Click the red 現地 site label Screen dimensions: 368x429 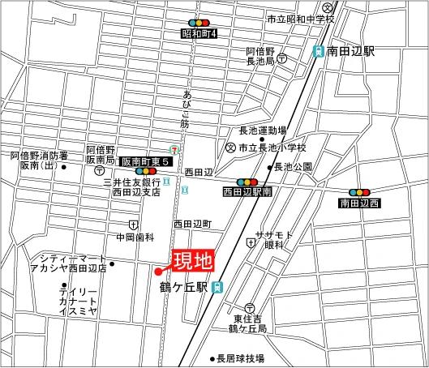(192, 261)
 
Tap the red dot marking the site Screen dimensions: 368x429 (159, 272)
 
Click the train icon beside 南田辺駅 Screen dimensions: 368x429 (320, 51)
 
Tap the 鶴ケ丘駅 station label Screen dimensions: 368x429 (185, 287)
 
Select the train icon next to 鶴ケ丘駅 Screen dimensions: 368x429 (217, 287)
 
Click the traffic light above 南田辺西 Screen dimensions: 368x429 (359, 182)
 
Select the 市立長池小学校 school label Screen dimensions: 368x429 (272, 148)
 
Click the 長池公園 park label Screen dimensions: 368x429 (294, 167)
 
